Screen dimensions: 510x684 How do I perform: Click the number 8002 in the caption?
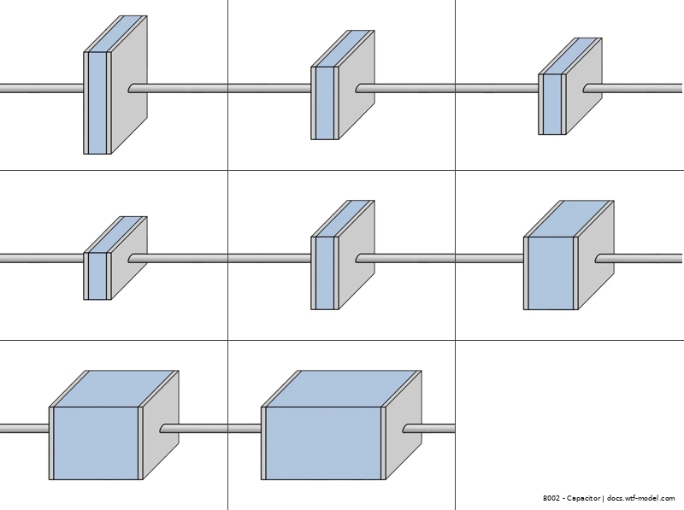click(551, 498)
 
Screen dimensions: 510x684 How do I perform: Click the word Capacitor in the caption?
click(583, 498)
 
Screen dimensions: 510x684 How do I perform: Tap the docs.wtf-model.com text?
click(641, 498)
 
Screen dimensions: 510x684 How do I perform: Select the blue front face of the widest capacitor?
click(322, 443)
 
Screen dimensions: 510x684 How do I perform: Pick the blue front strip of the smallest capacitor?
click(97, 276)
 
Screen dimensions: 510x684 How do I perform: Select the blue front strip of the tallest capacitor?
click(97, 103)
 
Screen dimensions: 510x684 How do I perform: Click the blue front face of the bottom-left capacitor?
click(97, 443)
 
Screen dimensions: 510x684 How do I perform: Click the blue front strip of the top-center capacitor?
click(325, 103)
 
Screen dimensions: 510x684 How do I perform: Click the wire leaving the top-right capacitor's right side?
click(637, 88)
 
